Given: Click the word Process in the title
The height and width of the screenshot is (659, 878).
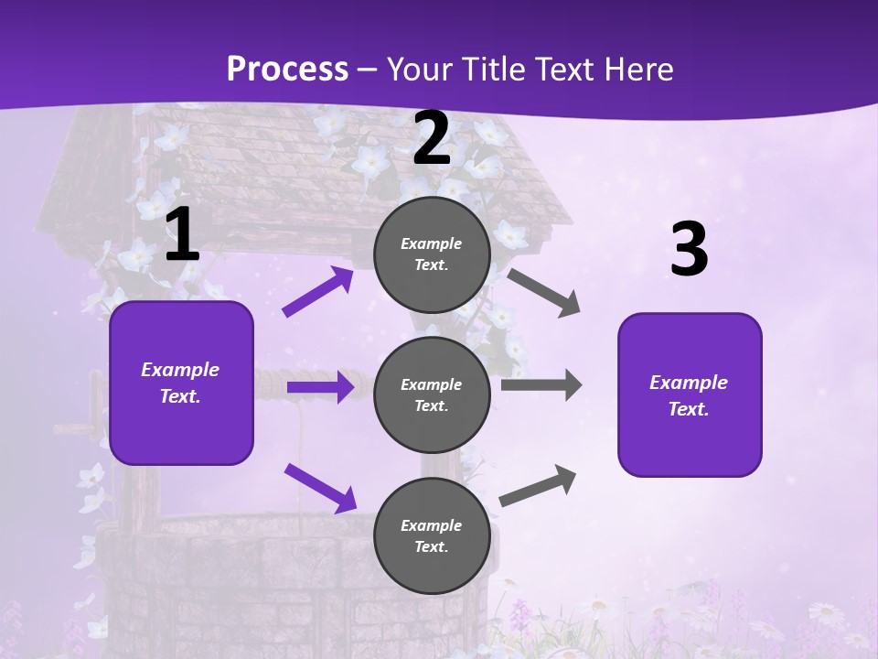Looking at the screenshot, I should tap(287, 69).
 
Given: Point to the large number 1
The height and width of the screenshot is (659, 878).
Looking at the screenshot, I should tap(182, 235).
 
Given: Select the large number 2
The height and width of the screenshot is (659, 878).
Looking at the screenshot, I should tap(432, 139).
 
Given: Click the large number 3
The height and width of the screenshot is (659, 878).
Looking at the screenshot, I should tap(689, 250).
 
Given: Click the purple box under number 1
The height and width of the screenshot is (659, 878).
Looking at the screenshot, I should tap(181, 383).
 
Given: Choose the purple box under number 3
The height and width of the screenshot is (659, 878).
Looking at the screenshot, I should tap(690, 394).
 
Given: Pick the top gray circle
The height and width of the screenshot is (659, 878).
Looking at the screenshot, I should tap(432, 254).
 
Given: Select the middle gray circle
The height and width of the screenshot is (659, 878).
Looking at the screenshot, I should tap(432, 394).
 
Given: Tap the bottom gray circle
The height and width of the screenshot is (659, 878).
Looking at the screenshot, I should tap(432, 535).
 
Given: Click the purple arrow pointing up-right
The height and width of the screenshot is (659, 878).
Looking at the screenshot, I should tap(318, 292).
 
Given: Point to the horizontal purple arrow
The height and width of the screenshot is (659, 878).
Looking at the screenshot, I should tap(320, 387).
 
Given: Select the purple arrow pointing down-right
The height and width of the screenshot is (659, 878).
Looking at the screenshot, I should tap(320, 488).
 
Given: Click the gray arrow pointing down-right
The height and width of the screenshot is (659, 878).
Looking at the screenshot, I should tap(543, 293).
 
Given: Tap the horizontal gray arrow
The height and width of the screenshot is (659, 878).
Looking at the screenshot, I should tap(541, 385).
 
